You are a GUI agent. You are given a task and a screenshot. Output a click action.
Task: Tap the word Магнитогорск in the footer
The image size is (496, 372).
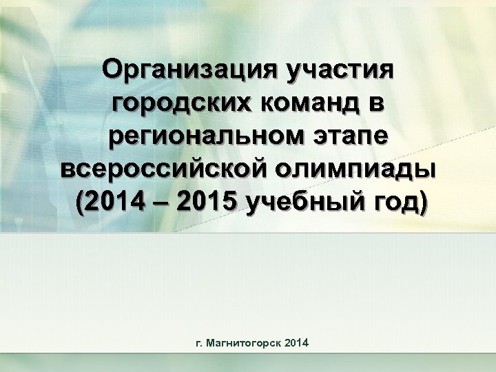pyautogui.click(x=246, y=342)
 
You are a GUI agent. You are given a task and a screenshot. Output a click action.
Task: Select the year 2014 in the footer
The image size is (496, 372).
pyautogui.click(x=296, y=342)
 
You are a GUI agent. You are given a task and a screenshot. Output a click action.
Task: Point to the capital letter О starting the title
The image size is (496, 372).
pyautogui.click(x=112, y=70)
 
